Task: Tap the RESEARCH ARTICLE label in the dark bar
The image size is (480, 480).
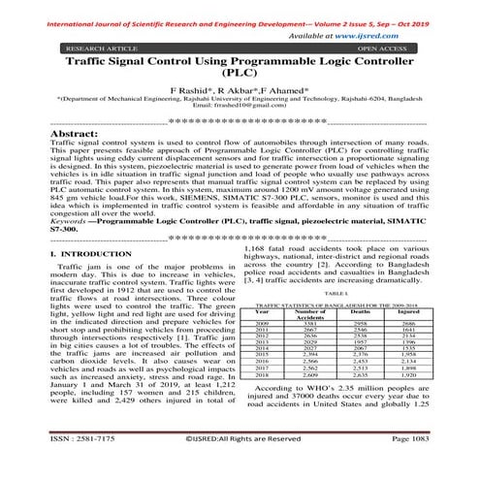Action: click(x=99, y=46)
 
